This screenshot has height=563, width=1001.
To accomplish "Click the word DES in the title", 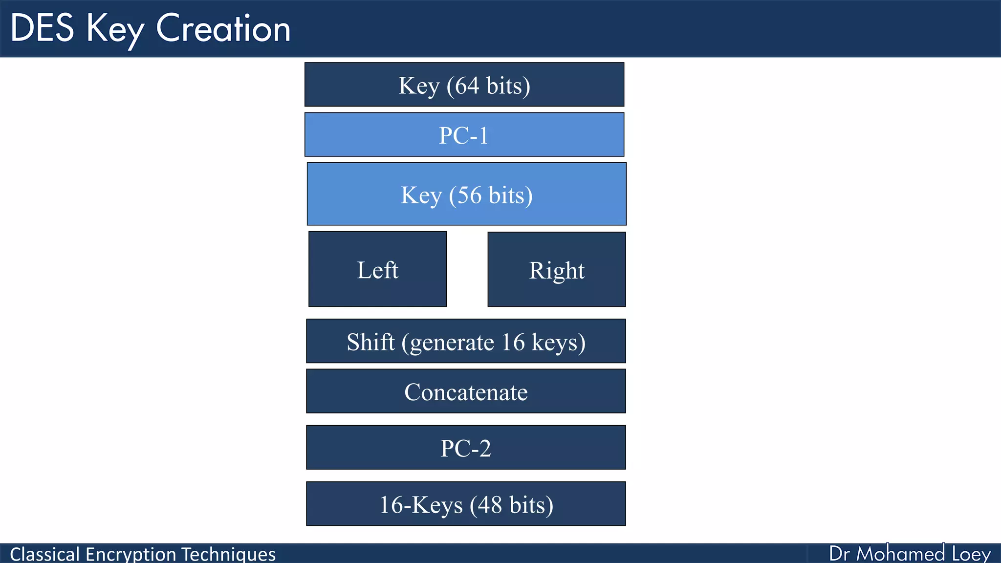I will pos(42,28).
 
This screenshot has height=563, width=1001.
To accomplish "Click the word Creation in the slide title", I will pos(223,28).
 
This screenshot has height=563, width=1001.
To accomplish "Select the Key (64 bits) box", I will pos(464,85).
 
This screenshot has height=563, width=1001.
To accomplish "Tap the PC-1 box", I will pos(464,135).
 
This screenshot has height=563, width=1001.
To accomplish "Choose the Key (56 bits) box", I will pos(466,195).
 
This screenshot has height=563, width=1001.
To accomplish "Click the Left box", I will pos(377,269).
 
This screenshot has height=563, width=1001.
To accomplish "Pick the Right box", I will pos(556,269).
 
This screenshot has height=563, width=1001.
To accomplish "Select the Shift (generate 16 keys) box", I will pos(466,341).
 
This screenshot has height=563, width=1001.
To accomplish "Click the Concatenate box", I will pos(466,391).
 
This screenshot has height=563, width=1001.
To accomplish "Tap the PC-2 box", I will pos(466,448).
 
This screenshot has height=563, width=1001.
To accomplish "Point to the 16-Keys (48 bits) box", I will pos(466,504).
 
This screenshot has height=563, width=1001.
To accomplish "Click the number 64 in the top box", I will pos(467,86).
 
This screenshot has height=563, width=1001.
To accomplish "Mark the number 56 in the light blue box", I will pos(469,195).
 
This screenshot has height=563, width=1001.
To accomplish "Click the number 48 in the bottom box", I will pos(490,505).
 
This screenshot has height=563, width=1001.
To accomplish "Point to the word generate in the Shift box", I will pos(452,343).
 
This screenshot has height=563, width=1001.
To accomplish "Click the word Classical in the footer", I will pos(44,554).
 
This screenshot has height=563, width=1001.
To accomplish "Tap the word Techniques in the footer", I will pos(228,554).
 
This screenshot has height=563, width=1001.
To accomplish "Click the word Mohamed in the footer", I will pos(900,554).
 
